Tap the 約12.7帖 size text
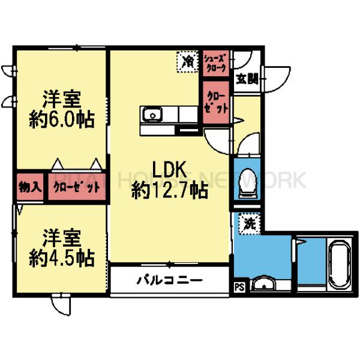click(170, 191)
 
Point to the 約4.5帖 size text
click(62, 257)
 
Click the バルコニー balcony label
click(169, 280)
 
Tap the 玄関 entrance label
click(246, 79)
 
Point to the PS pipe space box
click(239, 287)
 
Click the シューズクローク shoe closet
click(215, 62)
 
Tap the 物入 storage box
click(29, 187)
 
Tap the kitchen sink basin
click(151, 114)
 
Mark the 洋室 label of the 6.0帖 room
click(62, 98)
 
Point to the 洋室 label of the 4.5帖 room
click(62, 237)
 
